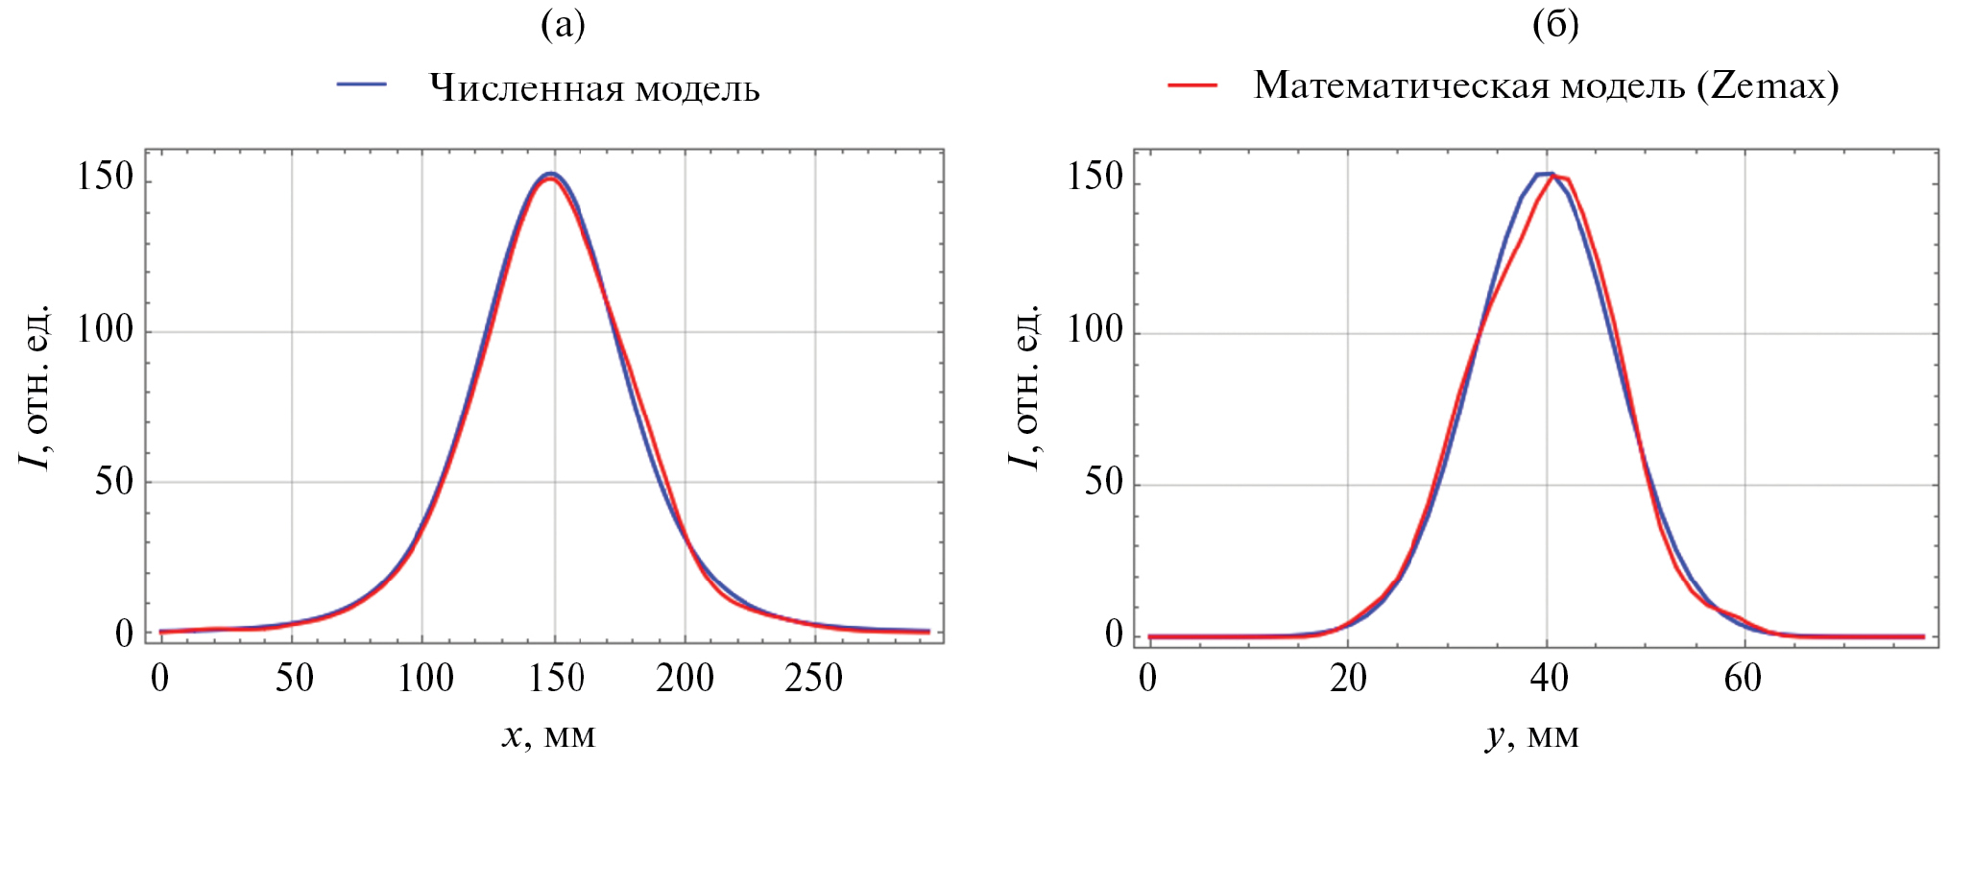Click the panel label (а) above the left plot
pos(563,25)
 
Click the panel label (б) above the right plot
pos(1555,25)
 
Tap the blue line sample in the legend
pos(362,85)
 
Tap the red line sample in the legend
pos(1192,85)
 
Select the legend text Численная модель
pos(594,88)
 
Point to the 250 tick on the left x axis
pos(813,678)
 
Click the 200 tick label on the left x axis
pos(685,678)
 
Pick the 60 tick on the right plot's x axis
pos(1743,678)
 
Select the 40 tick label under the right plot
pos(1549,678)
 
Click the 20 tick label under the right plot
pos(1348,678)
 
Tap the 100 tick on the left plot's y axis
pos(105,330)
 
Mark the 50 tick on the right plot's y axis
pos(1103,482)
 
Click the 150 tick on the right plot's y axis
pos(1095,177)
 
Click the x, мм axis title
pos(548,735)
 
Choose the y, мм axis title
pos(1532,735)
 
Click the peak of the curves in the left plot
pos(550,176)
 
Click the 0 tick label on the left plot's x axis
pos(159,678)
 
